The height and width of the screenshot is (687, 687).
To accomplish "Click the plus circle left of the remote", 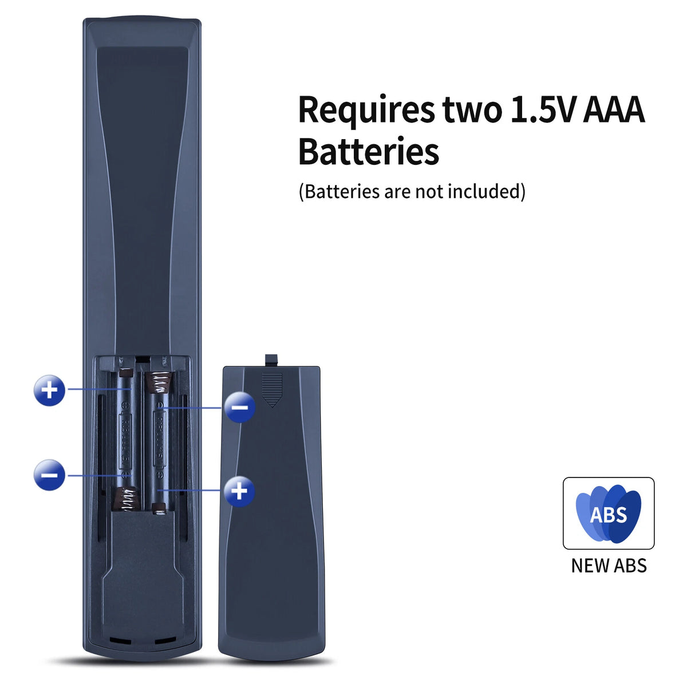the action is click(x=50, y=390).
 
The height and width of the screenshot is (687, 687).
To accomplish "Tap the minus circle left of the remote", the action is click(x=50, y=475).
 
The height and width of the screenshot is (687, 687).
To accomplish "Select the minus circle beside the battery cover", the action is click(x=240, y=407).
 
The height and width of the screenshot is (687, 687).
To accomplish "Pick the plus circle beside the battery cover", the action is click(x=240, y=491).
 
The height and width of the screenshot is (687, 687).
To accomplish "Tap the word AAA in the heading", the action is click(x=614, y=109).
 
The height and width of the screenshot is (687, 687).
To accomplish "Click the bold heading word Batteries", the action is click(x=369, y=151).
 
